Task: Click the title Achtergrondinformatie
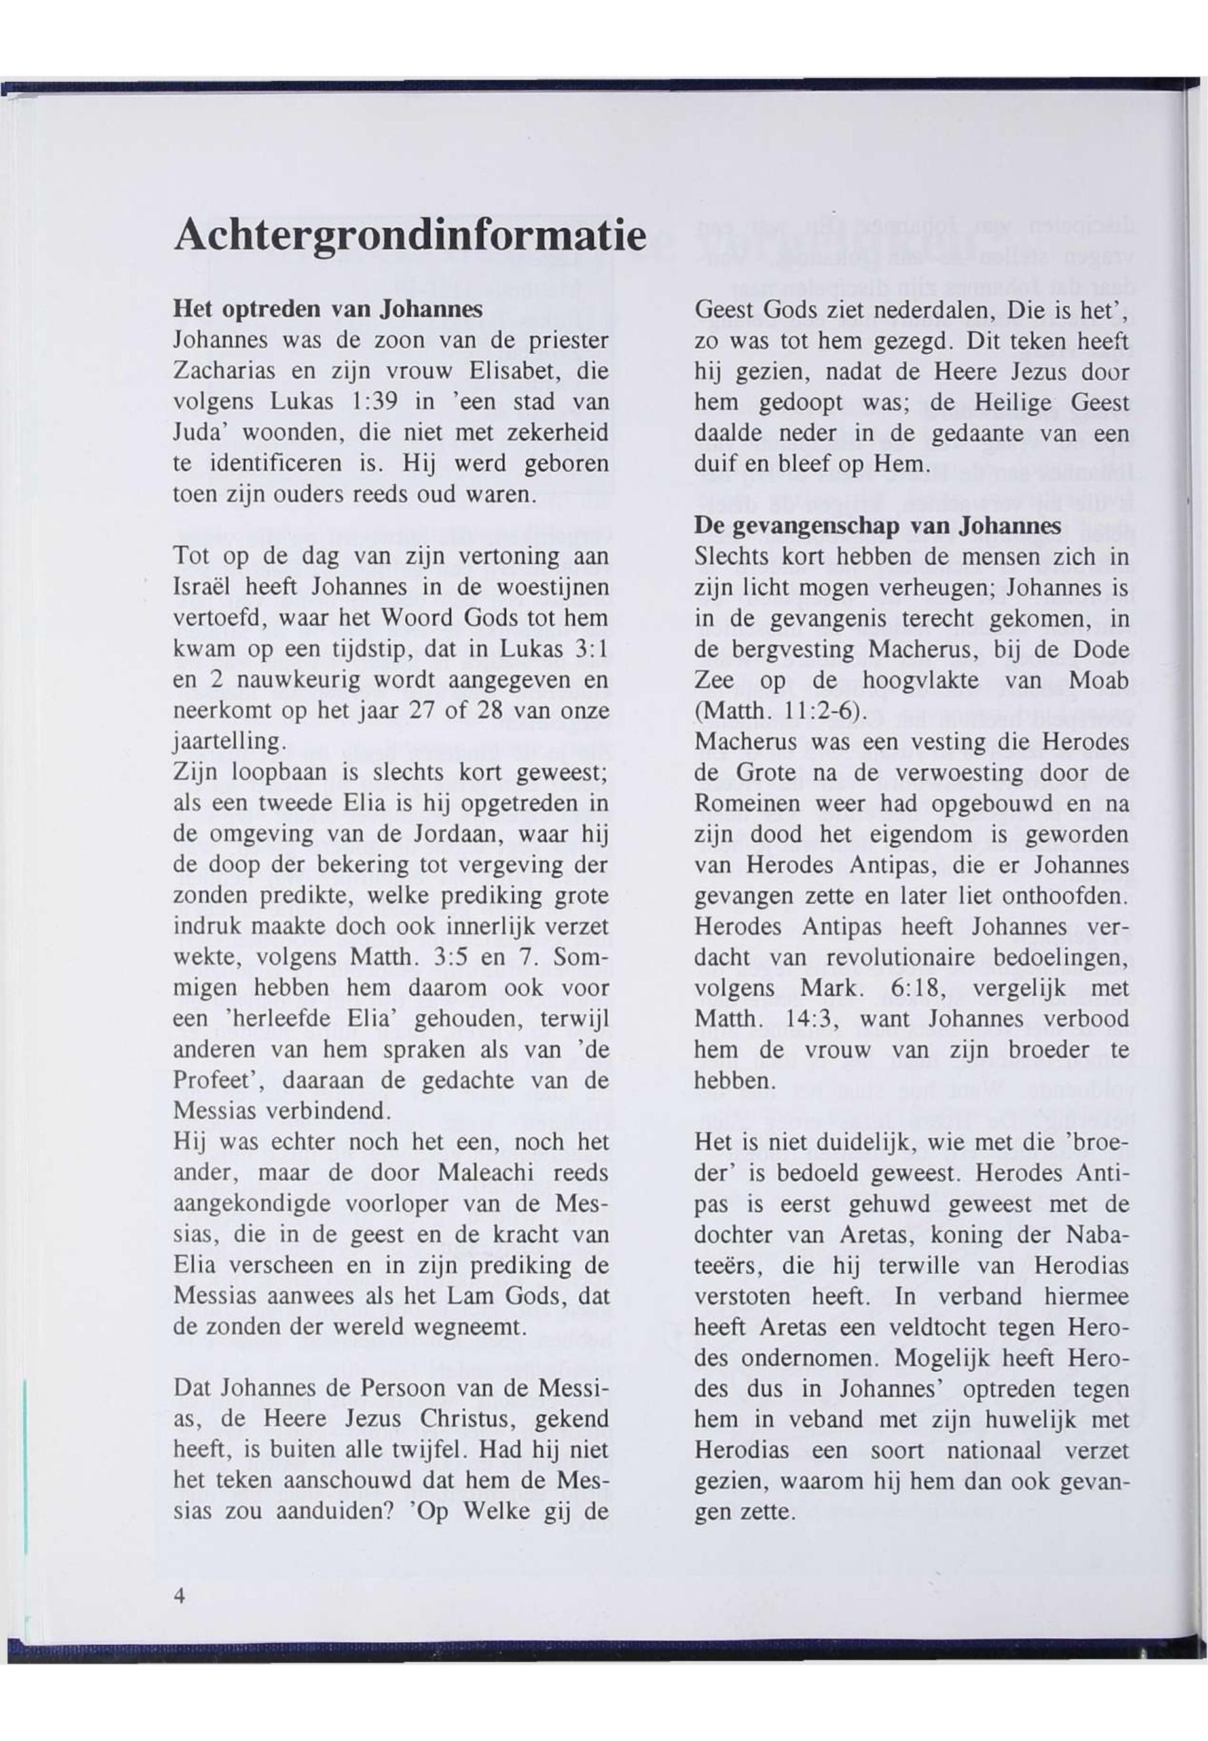coord(411,236)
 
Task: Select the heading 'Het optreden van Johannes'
coord(328,309)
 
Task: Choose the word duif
coord(712,463)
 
